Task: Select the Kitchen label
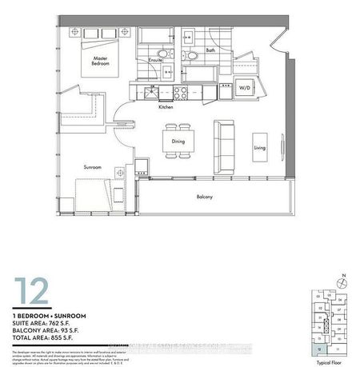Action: click(166, 106)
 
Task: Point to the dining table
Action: click(178, 142)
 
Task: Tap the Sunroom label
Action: click(94, 167)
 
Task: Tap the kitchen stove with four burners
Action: click(178, 94)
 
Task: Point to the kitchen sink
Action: click(149, 94)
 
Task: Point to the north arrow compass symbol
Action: click(342, 282)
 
